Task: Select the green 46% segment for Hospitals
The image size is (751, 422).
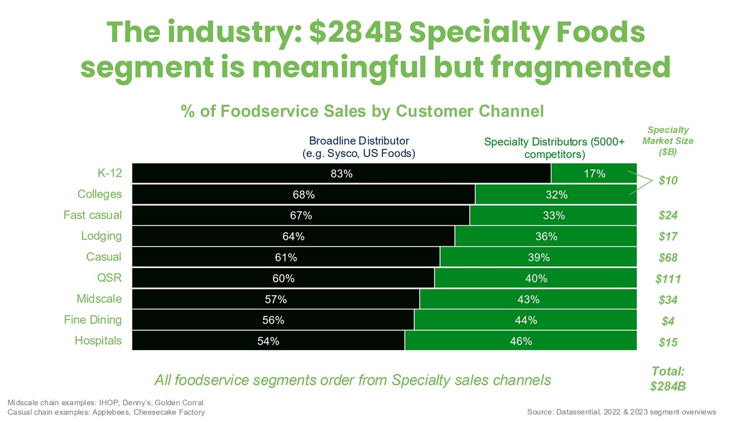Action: click(521, 341)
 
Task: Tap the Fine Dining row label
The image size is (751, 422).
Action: click(93, 320)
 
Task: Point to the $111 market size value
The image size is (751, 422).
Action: click(668, 279)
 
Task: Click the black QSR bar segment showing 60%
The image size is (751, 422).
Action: click(283, 278)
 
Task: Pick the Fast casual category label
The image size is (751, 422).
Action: click(93, 216)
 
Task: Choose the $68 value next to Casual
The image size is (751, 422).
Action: click(668, 258)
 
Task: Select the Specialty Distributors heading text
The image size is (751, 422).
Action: click(554, 148)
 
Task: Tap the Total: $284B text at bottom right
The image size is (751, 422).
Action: click(668, 378)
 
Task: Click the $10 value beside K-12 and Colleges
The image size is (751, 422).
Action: click(668, 181)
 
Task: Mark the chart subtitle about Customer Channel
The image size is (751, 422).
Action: click(362, 111)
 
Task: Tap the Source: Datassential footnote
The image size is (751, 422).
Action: click(622, 412)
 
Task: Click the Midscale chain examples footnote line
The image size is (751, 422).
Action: click(105, 402)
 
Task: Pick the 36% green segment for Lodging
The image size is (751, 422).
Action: click(546, 237)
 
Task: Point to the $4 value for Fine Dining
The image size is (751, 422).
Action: click(668, 321)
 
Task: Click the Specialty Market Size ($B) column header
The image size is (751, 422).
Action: click(667, 141)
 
